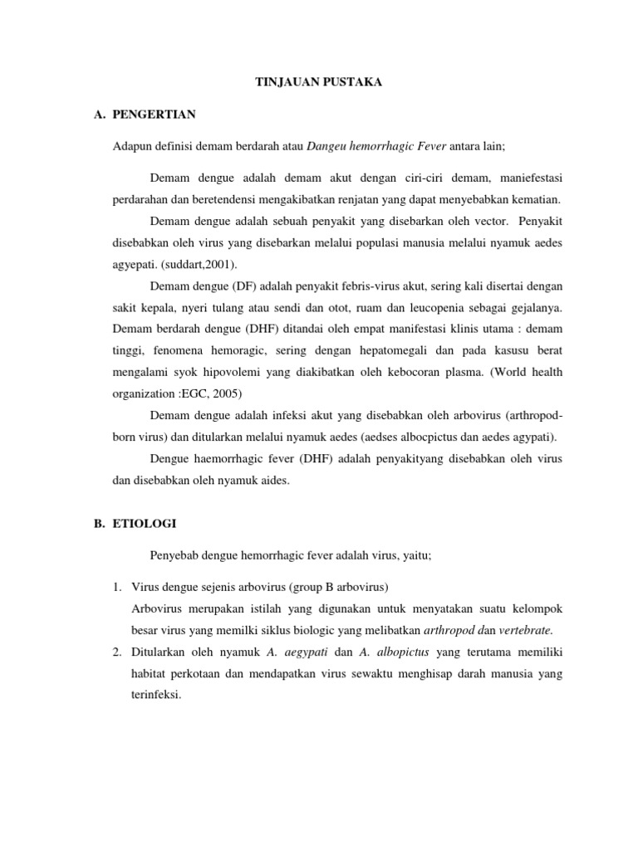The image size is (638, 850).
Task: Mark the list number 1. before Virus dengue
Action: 117,588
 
